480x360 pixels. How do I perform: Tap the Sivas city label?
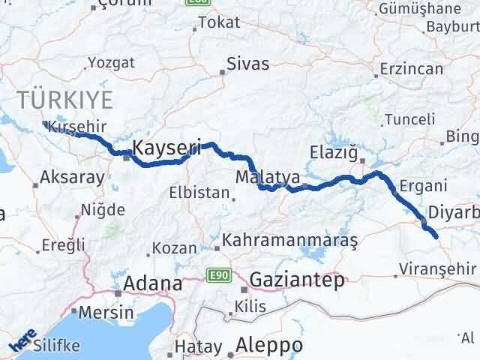tap(247, 65)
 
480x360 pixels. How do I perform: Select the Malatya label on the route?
tap(267, 178)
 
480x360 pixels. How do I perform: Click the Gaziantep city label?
tap(297, 280)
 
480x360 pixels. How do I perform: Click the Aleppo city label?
tap(269, 346)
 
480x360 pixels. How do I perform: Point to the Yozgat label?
tap(112, 63)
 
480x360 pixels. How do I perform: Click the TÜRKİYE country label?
tap(65, 99)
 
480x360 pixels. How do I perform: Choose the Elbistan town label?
tap(199, 193)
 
